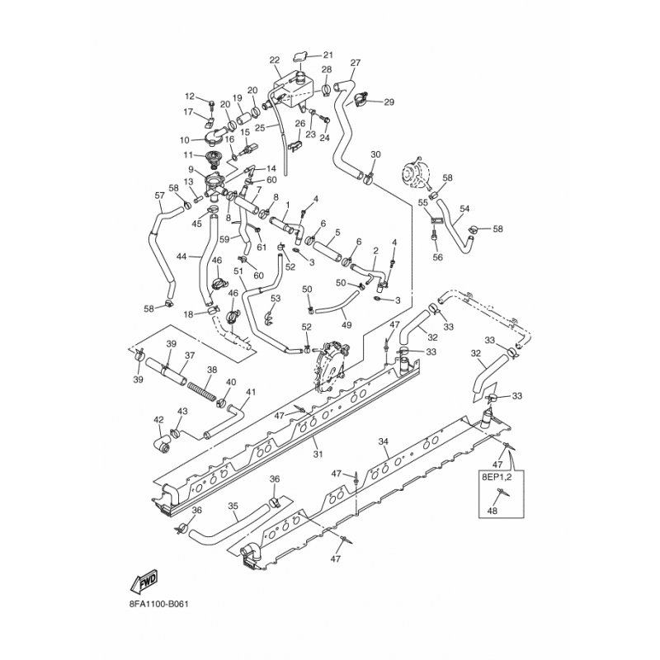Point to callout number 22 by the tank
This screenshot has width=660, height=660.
pos(275,59)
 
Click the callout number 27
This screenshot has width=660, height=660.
pos(356,64)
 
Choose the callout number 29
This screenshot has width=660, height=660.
pos(389,101)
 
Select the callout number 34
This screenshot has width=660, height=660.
pos(383,442)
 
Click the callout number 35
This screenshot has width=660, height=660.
pos(233,507)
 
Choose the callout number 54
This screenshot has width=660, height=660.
pos(464,210)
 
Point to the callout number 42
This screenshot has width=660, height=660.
pos(159,419)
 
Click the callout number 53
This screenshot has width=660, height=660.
pos(276,298)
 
